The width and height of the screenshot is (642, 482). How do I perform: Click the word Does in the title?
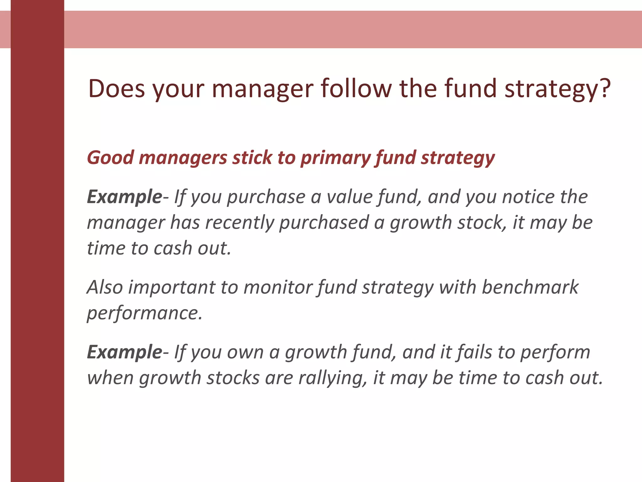(116, 89)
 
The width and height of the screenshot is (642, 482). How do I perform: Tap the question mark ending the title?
(605, 89)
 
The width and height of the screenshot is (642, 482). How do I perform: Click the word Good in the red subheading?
(110, 158)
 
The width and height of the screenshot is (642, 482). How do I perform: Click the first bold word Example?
(124, 197)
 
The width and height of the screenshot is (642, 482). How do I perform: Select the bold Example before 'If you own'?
(124, 352)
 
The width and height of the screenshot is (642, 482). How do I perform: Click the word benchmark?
(530, 287)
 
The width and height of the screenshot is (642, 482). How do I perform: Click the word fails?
(474, 352)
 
